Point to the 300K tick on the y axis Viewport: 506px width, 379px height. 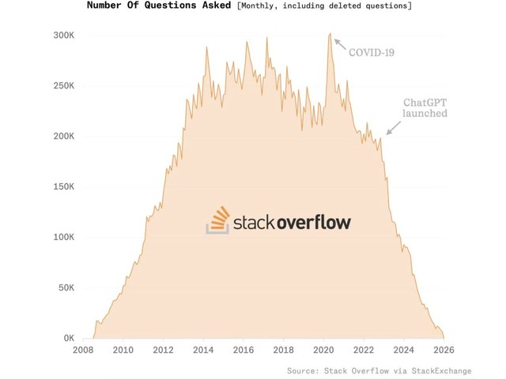63,36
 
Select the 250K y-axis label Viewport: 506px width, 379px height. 63,86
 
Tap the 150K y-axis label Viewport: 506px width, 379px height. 63,187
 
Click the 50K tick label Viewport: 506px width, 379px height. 66,288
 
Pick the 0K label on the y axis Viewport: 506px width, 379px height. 68,339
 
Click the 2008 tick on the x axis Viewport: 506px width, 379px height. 83,351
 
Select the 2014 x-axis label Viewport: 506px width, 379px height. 203,351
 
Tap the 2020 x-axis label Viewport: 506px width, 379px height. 324,351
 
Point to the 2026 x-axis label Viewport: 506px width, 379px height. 444,351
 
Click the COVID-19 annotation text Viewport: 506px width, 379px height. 372,53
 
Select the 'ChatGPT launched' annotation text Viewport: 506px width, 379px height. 425,108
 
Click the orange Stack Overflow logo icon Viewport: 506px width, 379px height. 217,220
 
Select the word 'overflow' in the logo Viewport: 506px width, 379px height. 313,222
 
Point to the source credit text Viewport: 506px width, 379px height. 379,370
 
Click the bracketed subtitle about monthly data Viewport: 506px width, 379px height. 324,6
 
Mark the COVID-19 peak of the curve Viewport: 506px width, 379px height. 330,34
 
